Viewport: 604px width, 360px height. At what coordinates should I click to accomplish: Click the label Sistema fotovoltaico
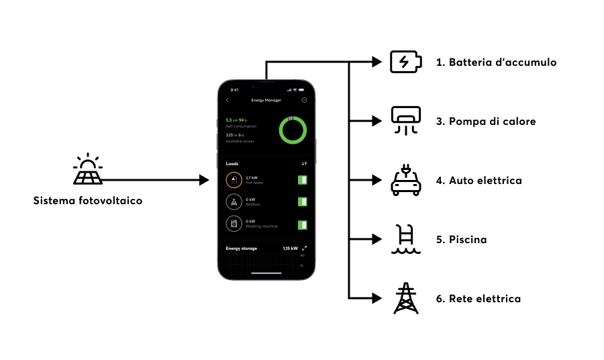click(87, 201)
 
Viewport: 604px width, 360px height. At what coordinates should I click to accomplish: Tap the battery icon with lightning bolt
click(406, 62)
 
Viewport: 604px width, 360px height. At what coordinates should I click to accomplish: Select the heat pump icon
click(406, 120)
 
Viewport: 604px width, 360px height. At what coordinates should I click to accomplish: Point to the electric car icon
click(406, 180)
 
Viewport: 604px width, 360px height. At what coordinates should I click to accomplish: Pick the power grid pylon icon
click(406, 298)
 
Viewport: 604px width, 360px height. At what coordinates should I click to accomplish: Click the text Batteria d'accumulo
click(496, 62)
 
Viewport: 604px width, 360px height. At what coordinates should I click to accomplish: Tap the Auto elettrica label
click(485, 181)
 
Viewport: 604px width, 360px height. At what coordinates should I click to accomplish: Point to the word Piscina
click(468, 240)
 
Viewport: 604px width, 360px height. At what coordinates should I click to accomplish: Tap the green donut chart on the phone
click(293, 130)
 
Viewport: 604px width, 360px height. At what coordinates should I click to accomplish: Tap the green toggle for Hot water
click(302, 180)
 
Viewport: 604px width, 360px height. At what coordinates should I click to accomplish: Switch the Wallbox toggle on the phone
click(302, 201)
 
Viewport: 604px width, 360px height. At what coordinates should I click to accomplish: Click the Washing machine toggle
click(302, 224)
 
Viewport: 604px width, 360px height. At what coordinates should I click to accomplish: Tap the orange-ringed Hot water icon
click(234, 180)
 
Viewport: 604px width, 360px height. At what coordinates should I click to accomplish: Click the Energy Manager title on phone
click(266, 100)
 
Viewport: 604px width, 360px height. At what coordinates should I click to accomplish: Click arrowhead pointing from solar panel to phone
click(205, 180)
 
